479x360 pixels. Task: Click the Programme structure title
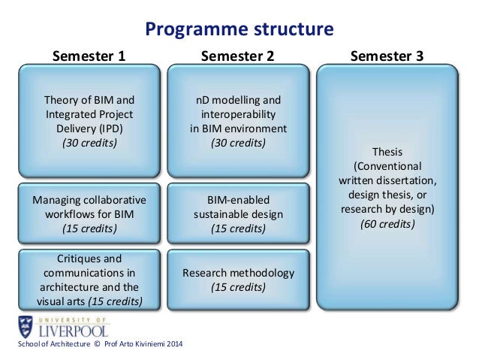239,30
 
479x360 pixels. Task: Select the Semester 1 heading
88,56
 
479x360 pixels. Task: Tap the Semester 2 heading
239,56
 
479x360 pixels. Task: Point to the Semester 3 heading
387,56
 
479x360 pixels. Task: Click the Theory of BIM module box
89,120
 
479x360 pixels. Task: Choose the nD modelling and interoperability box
239,120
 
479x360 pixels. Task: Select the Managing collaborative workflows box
89,214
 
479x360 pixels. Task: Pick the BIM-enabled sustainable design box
239,214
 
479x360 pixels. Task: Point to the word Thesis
387,150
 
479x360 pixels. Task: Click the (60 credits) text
387,223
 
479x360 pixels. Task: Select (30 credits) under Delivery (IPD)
89,142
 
